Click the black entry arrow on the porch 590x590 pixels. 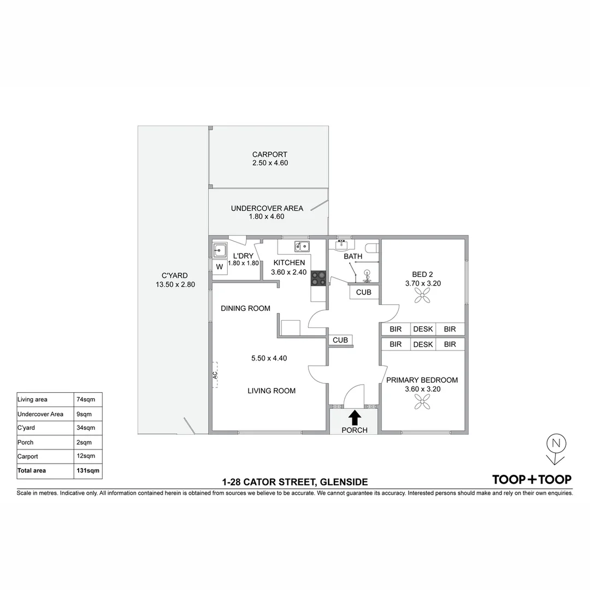coord(354,417)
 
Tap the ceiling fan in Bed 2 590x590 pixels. coord(422,296)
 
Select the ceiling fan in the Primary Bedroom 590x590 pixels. coord(422,402)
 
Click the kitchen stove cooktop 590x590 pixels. coord(318,278)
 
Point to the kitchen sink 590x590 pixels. coord(302,246)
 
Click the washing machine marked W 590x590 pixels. coord(220,267)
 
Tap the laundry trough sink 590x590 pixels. coord(220,250)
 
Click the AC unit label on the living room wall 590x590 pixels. coord(215,375)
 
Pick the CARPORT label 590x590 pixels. coord(269,155)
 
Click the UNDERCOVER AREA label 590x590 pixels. coord(267,208)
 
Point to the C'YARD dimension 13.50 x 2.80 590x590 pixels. coord(175,285)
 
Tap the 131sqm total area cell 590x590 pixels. coord(87,470)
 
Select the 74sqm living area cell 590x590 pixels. coord(87,399)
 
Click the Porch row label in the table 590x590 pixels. coord(26,442)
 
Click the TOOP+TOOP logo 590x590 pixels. coord(532,480)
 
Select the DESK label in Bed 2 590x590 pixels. coord(422,329)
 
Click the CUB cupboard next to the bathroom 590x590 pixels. coord(363,292)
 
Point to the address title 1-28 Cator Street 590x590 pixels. coord(294,482)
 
